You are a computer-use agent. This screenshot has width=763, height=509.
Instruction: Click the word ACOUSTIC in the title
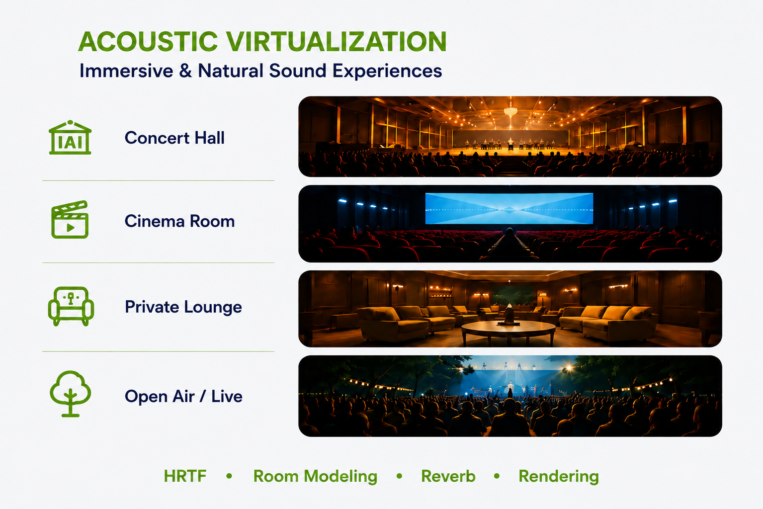148,42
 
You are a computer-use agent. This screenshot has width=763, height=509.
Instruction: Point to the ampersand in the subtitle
185,71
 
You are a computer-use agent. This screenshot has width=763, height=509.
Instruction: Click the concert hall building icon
70,137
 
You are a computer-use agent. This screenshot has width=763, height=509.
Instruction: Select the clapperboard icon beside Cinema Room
70,219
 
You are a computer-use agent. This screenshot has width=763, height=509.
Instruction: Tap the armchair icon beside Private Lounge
71,306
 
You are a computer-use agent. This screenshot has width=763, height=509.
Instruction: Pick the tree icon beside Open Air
70,394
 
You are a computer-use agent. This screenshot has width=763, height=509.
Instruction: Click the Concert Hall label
174,138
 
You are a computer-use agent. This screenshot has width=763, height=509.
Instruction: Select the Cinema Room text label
179,221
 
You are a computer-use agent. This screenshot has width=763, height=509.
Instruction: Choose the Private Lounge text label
183,307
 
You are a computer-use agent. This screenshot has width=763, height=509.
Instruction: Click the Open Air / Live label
183,396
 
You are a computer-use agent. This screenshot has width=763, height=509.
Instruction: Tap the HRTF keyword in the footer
185,476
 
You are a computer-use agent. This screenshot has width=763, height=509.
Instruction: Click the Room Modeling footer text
315,476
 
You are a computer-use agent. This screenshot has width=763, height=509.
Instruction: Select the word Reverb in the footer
448,476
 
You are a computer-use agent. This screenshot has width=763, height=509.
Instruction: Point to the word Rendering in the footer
559,476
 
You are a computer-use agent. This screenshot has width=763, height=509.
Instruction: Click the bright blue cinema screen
509,208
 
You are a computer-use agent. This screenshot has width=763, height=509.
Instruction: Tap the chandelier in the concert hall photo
510,111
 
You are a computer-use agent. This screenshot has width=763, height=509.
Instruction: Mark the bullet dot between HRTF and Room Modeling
229,476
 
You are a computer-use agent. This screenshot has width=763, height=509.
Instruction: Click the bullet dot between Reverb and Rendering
497,476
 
